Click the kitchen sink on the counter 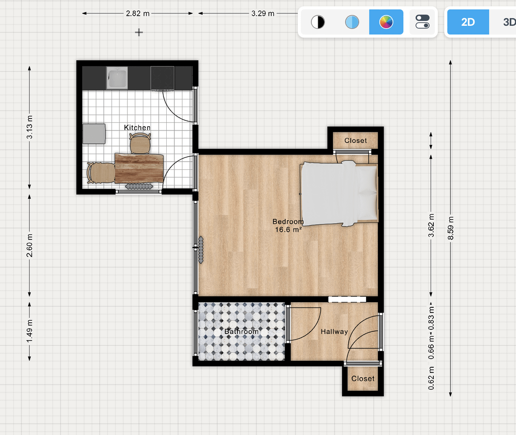coord(117,78)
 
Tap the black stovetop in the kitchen coord(162,78)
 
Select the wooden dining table coord(139,168)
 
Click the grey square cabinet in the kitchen coord(94,134)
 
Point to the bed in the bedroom coord(339,193)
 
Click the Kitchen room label coord(137,128)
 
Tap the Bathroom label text coord(242,332)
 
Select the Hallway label coord(334,332)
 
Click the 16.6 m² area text coord(288,229)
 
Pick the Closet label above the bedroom coord(356,141)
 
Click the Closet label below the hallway coord(363,379)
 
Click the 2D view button coord(468,22)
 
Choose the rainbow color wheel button coord(387,22)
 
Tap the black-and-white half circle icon coord(318,22)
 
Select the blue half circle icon coord(352,22)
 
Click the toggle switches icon coord(422,22)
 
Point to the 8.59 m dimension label coord(451,228)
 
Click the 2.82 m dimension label coord(138,13)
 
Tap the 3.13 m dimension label coord(30,127)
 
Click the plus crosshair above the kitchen coord(139,33)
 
